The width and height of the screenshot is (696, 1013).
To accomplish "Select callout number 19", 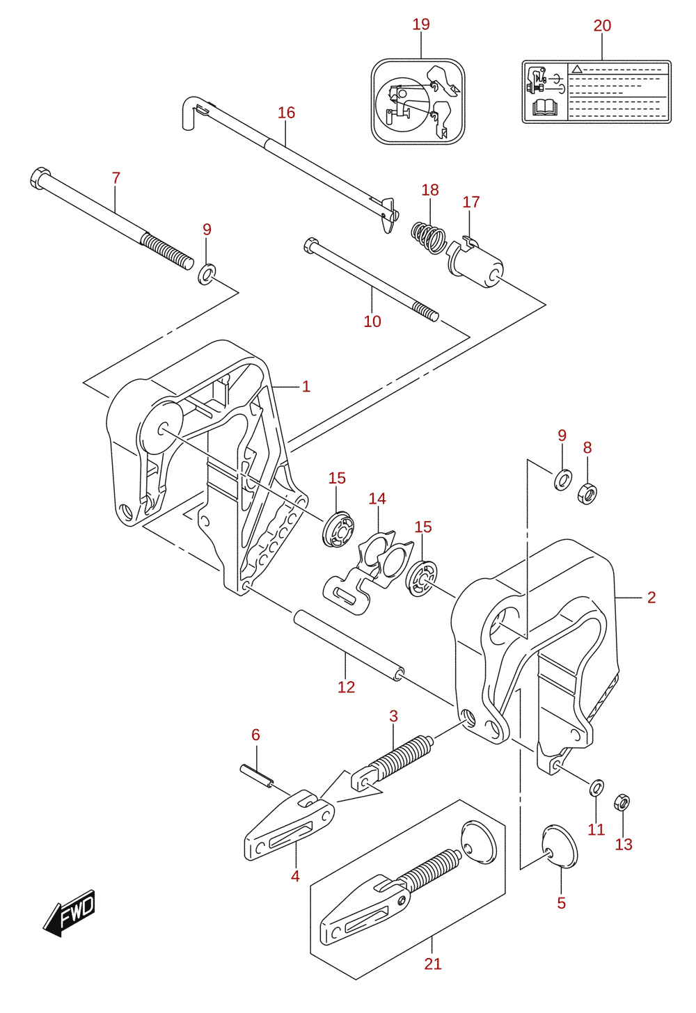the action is tap(421, 24).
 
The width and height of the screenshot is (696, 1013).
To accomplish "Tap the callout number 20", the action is tap(602, 26).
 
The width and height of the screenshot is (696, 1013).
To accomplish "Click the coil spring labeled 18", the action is tap(427, 237).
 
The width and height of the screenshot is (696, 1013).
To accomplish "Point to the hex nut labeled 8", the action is tap(587, 493).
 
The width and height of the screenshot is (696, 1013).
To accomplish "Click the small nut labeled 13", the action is tap(622, 802).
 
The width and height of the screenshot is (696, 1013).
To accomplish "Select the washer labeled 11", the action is tap(597, 788).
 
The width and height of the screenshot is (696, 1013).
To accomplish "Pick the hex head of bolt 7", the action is tap(40, 177).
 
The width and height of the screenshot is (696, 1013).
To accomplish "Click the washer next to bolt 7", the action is tap(207, 274).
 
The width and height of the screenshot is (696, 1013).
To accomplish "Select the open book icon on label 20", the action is tap(544, 107).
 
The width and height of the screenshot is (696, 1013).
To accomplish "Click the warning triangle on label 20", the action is tap(576, 69).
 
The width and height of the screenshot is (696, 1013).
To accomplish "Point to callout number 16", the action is tap(287, 113).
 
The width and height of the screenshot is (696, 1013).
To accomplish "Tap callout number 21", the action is tap(433, 964).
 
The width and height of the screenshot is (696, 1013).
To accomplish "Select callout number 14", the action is tap(377, 499).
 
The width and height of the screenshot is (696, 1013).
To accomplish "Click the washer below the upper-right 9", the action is tap(563, 480).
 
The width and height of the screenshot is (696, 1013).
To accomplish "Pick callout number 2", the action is tap(651, 598).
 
